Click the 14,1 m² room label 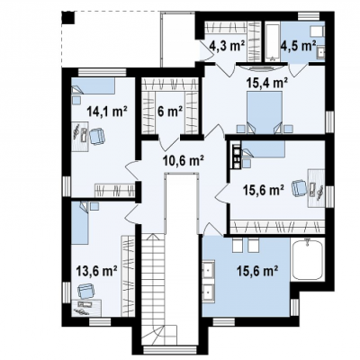tap(107, 112)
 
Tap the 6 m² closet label tap(170, 112)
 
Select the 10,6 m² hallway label tap(184, 160)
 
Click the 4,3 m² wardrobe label tap(227, 46)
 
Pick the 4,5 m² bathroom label tap(299, 46)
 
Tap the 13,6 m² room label tap(96, 272)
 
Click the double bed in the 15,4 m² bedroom tap(265, 112)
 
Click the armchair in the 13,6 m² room tap(86, 292)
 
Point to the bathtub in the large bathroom tap(308, 260)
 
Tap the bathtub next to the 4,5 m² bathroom tap(273, 40)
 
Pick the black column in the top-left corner tap(68, 17)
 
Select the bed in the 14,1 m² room tap(94, 86)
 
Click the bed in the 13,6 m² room tap(80, 223)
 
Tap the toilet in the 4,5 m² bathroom tap(317, 31)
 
